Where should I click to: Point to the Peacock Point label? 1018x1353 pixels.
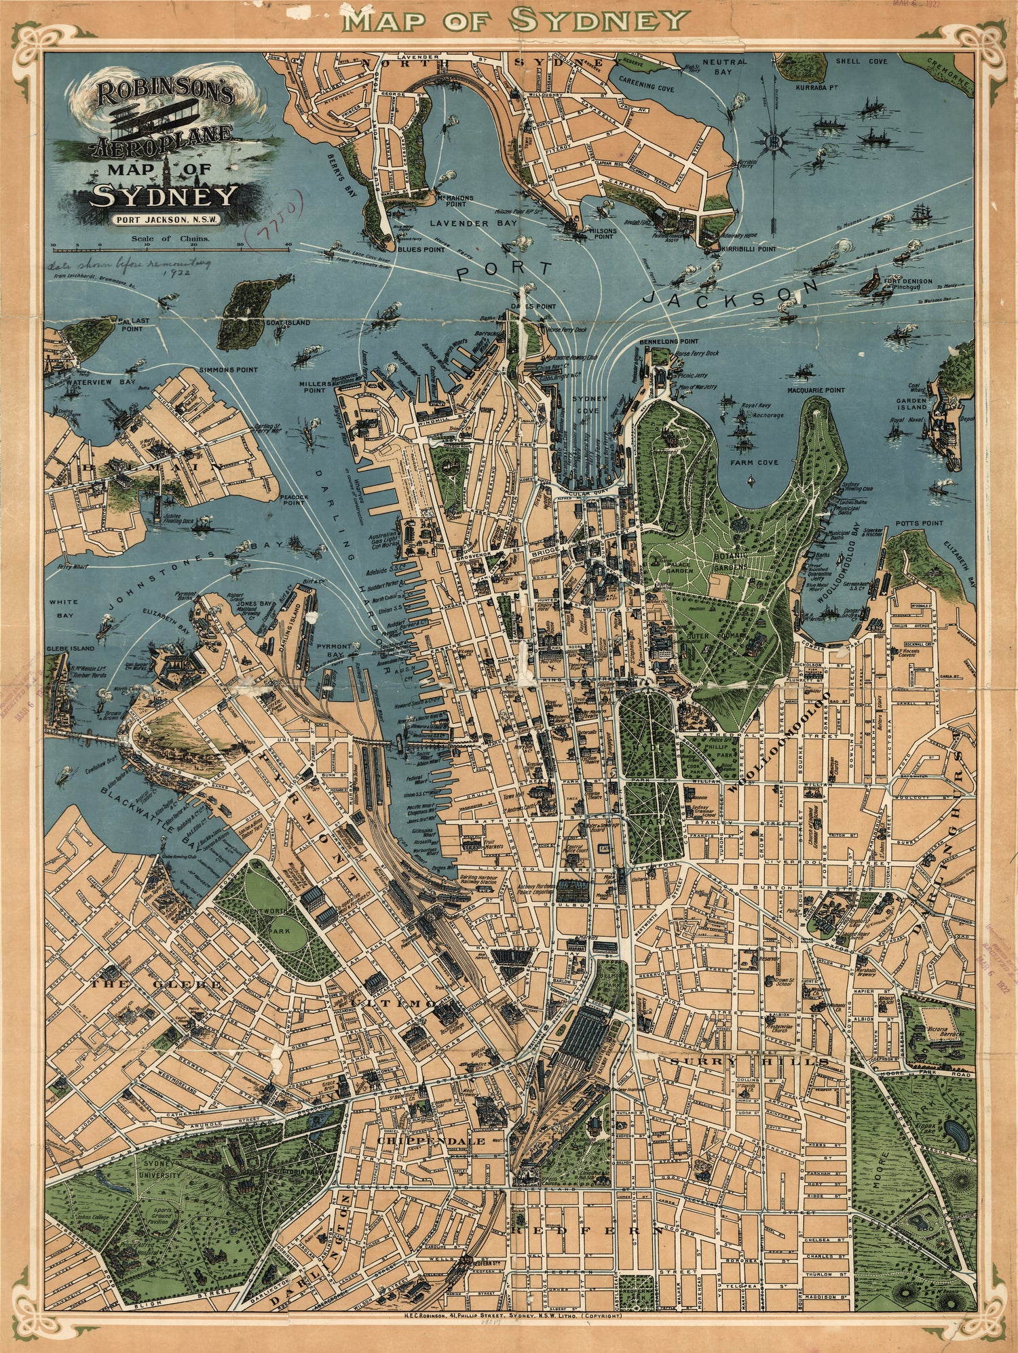click(x=293, y=501)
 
